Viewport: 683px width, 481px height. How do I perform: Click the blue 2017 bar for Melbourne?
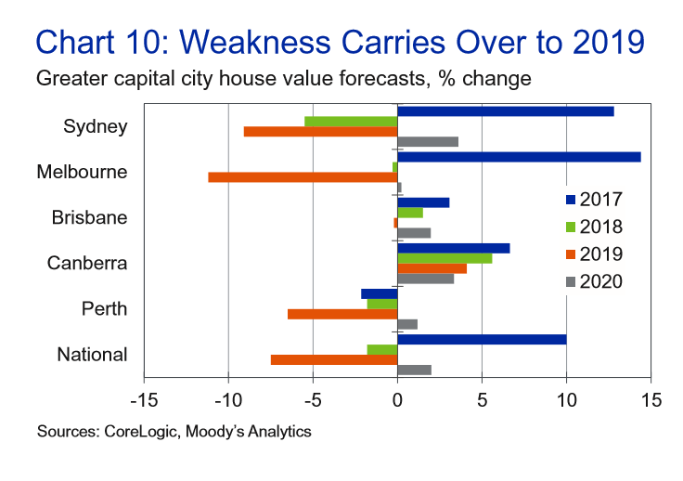coord(519,157)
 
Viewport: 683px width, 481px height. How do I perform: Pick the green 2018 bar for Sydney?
coord(351,122)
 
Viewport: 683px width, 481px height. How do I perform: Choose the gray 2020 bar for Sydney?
coord(428,142)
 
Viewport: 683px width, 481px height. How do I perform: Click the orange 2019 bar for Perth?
coord(342,314)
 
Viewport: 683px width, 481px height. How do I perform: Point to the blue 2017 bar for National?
coord(482,340)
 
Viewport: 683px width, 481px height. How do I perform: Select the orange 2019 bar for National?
coord(334,359)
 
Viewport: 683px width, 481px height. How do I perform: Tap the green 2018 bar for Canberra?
coord(445,258)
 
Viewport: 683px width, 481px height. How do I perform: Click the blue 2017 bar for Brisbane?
coord(423,202)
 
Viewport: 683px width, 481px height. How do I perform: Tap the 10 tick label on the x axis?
coord(566,400)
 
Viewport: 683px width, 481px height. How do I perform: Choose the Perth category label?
coord(103,309)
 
